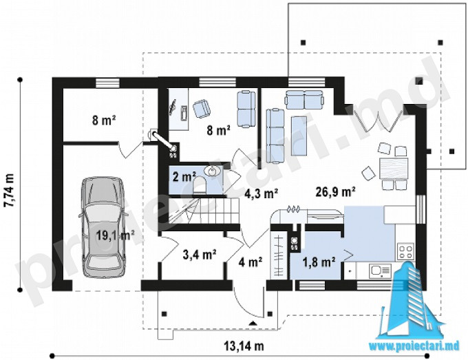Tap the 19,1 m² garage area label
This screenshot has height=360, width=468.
click(x=115, y=235)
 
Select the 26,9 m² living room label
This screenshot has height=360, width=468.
click(x=335, y=192)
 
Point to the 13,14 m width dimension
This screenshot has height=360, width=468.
click(x=244, y=346)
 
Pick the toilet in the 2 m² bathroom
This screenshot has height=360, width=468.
click(x=200, y=184)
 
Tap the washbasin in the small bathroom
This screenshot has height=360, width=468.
click(x=213, y=171)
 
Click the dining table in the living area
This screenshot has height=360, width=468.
click(x=393, y=169)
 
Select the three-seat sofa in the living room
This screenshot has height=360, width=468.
click(x=275, y=136)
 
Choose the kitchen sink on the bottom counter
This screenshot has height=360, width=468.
click(x=380, y=271)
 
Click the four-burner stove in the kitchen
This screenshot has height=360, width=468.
click(x=405, y=251)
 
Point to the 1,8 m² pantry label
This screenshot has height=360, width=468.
click(x=319, y=262)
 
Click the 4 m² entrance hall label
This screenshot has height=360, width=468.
click(x=251, y=262)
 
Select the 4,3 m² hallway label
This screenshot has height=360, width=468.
click(x=262, y=193)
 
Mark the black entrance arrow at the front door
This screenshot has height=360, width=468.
click(x=253, y=323)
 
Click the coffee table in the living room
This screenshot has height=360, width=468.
click(x=299, y=136)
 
